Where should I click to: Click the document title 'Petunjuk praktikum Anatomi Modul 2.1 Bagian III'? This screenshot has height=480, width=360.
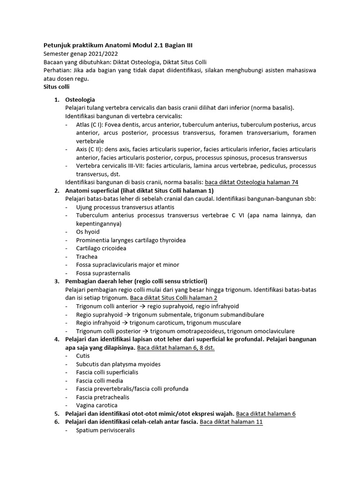[118, 45]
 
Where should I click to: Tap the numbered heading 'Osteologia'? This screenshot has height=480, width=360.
[80, 100]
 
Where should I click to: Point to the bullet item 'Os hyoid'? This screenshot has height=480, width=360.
[88, 232]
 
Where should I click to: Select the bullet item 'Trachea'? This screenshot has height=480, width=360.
[87, 257]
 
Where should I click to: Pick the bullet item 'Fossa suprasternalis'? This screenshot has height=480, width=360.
[103, 273]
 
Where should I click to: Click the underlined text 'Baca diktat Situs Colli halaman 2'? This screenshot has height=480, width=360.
[173, 298]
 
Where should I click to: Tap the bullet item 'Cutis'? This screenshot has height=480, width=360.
[83, 356]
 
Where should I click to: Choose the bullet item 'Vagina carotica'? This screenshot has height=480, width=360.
[97, 405]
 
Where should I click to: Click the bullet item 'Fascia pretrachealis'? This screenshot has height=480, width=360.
[103, 397]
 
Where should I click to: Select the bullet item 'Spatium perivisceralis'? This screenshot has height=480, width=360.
[105, 430]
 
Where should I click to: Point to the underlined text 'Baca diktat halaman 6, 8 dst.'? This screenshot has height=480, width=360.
[176, 347]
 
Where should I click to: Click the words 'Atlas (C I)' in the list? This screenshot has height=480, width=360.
[90, 125]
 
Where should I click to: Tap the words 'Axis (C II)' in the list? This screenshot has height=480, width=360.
[90, 149]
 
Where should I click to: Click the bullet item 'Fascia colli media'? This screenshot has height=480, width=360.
[99, 381]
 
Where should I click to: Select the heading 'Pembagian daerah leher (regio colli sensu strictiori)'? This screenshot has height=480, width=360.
[136, 281]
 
